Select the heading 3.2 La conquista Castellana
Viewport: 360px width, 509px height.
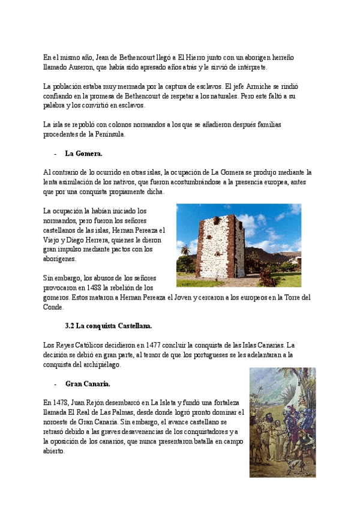108,326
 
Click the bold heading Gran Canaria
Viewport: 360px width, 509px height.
88,384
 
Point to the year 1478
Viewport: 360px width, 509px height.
63,403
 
